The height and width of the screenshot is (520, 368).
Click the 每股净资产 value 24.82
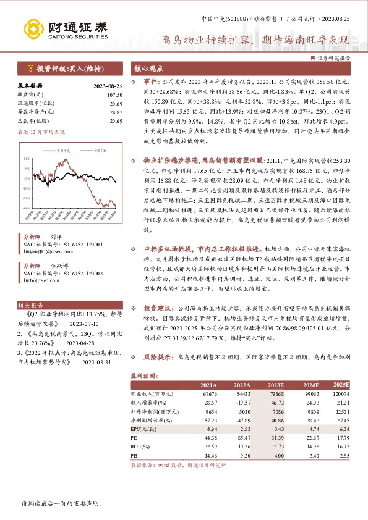coord(114,112)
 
